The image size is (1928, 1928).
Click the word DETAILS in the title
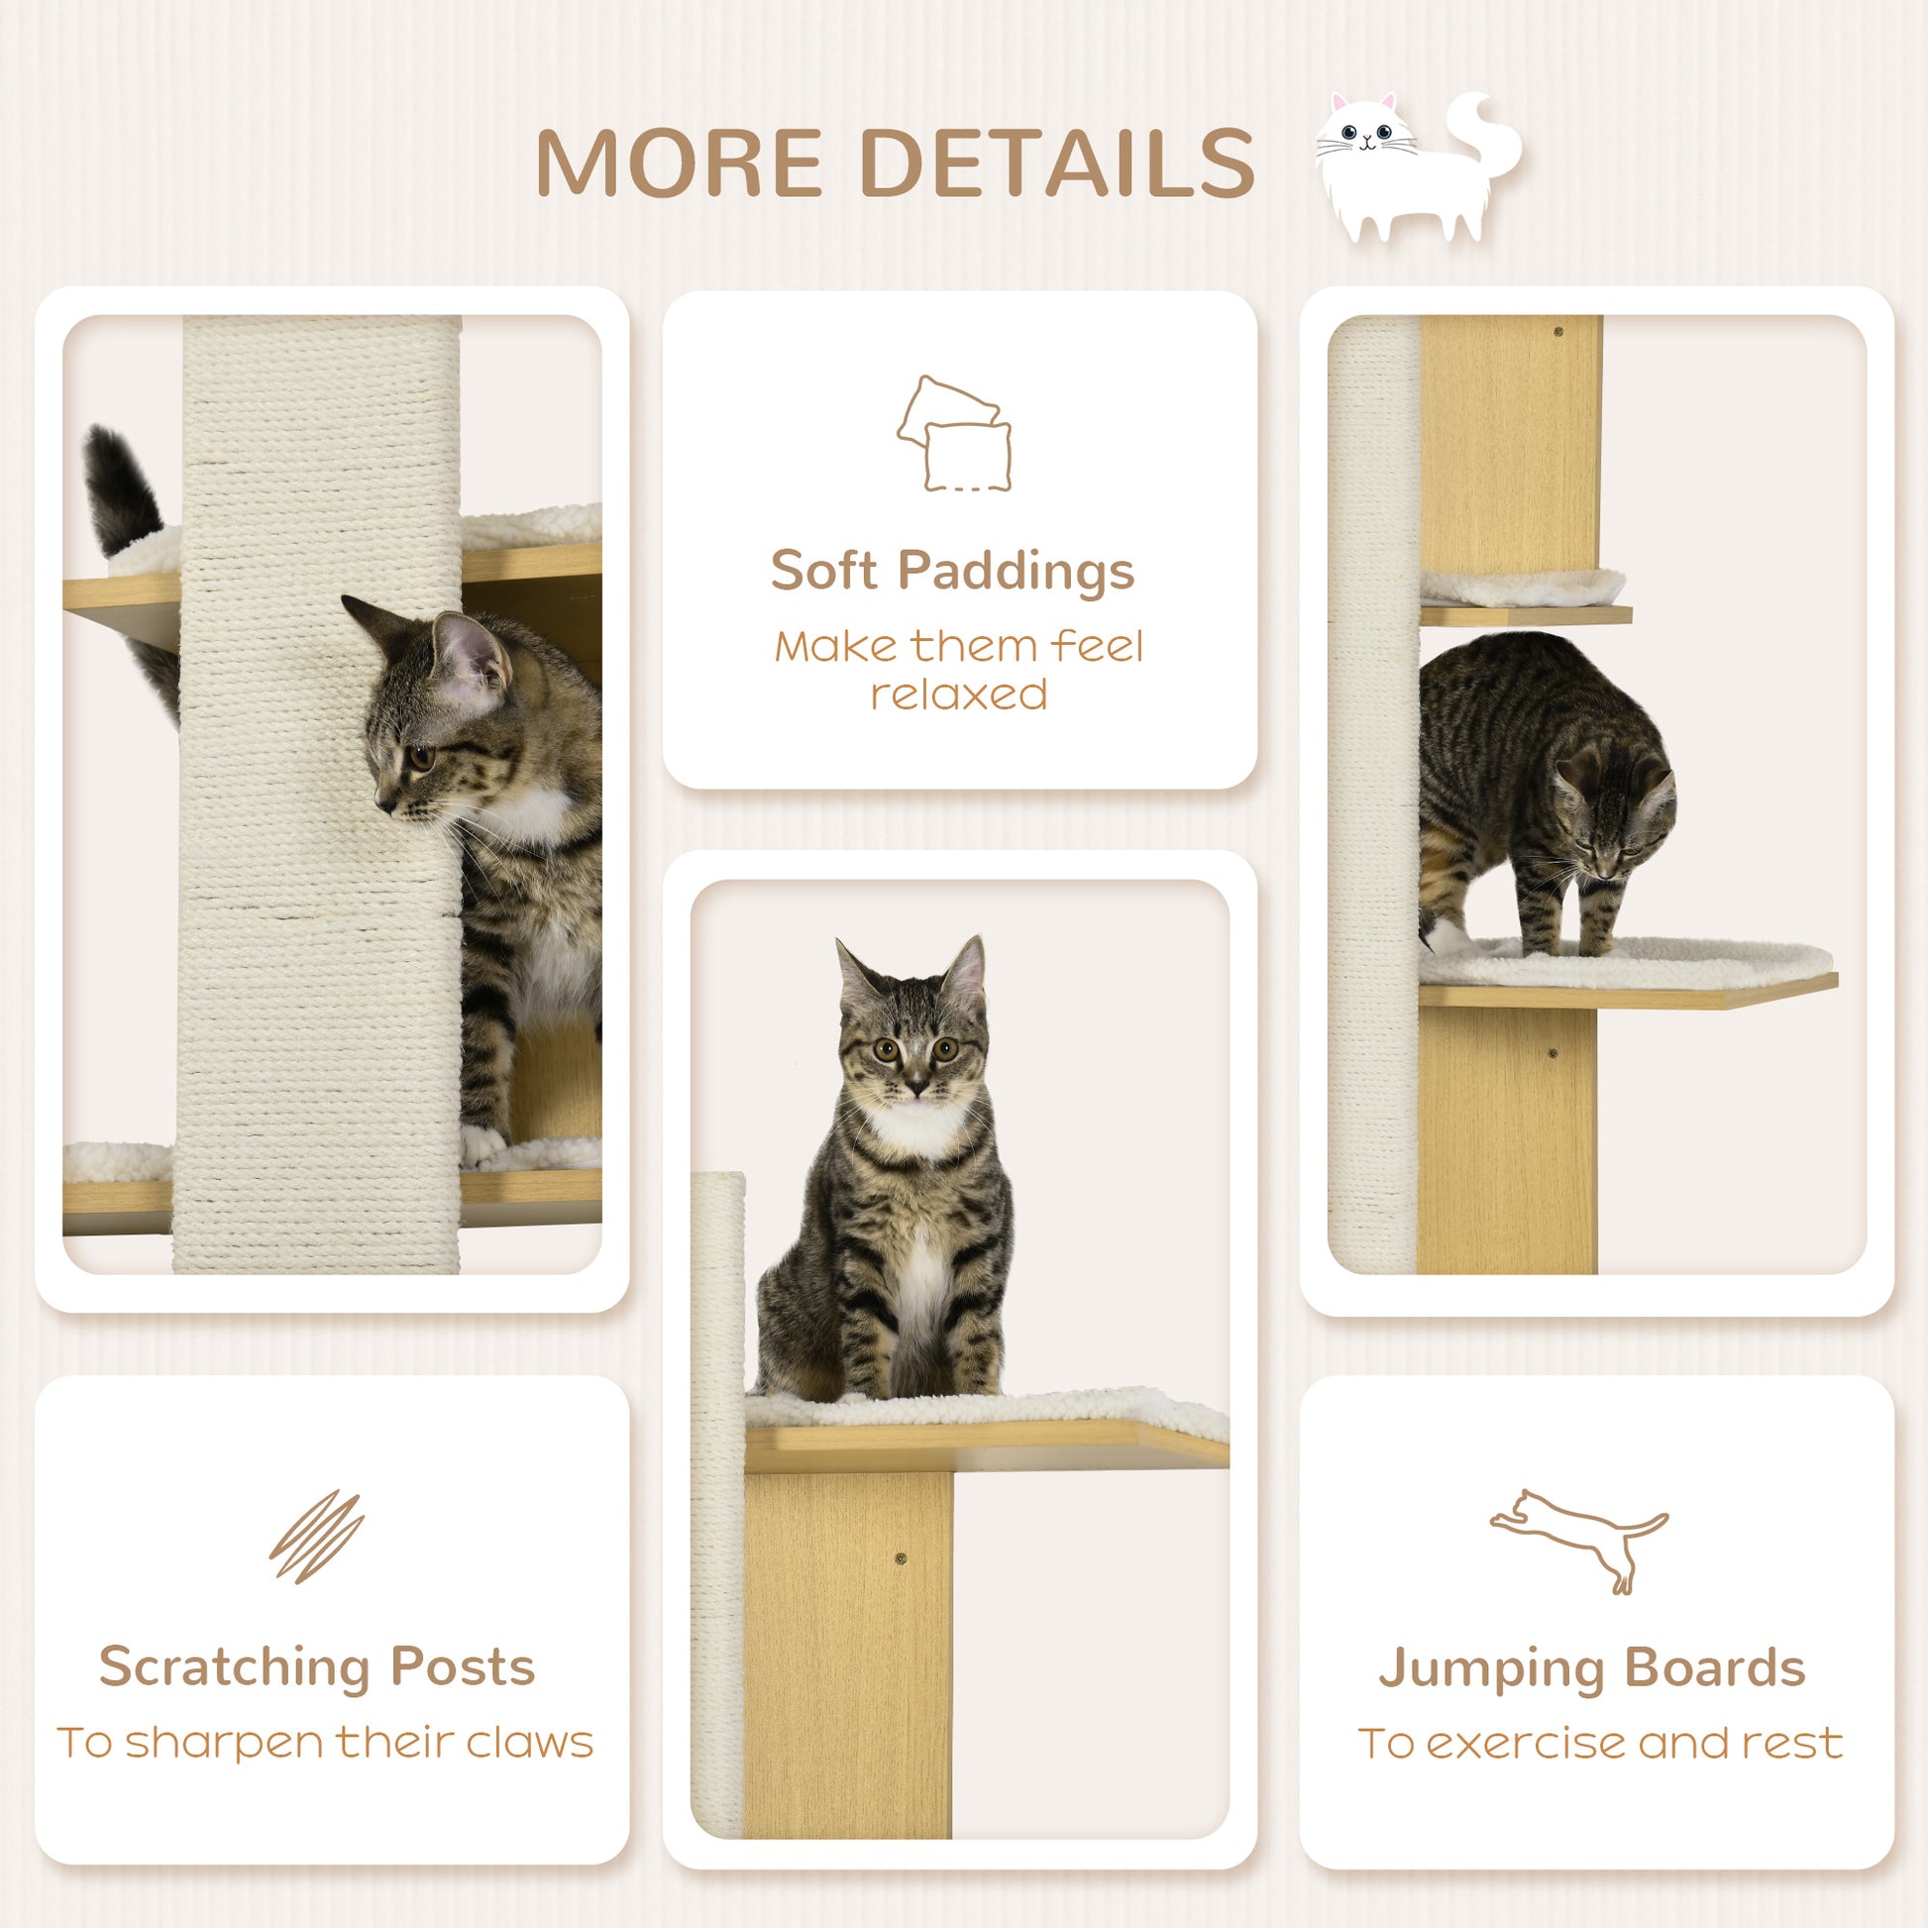pos(1056,162)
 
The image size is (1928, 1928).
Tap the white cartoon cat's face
pos(1364,136)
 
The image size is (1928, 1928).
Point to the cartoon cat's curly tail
pos(1488,140)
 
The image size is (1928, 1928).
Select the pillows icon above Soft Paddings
pos(954,434)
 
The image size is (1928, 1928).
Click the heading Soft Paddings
pos(952,571)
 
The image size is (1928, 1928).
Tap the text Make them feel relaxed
pos(958,670)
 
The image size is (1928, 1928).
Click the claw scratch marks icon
pos(316,1536)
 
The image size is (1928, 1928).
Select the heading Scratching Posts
pos(316,1666)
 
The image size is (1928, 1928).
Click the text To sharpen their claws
pos(325,1743)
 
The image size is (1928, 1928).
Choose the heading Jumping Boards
pos(1592,1667)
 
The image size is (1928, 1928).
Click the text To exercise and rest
pos(1600,1744)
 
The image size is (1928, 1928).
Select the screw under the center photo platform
pos(902,1557)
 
